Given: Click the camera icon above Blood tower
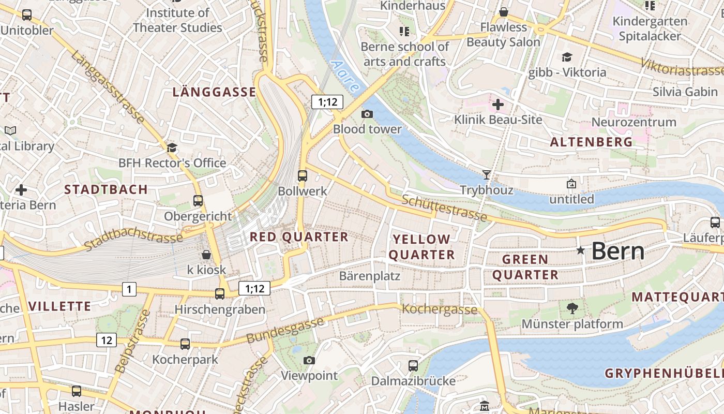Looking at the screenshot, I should (367, 114).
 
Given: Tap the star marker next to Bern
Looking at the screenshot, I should (581, 250).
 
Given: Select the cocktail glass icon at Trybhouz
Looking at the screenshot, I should (486, 174).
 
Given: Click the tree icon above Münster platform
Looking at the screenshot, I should (572, 308).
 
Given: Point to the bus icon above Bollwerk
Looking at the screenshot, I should (303, 176).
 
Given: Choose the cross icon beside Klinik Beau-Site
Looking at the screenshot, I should (498, 105).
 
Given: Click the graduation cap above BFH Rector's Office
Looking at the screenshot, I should (172, 148).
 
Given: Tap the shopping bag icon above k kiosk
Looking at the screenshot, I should (206, 255).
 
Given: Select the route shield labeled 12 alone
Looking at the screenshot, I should (106, 340).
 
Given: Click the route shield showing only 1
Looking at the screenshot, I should (129, 289).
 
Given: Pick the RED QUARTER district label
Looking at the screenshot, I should (299, 237).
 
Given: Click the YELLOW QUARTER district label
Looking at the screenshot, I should (421, 247).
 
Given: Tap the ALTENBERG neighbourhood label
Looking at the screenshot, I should (591, 142).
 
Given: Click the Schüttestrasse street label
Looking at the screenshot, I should (444, 208).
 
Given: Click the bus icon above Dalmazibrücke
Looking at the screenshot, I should (413, 366).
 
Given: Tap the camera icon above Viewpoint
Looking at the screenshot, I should (309, 360).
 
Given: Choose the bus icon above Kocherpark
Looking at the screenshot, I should (185, 344).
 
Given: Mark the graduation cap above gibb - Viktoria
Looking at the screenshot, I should (567, 57).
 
